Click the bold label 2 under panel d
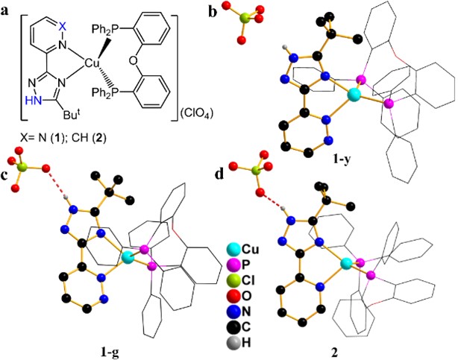343,349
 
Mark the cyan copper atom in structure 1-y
354,95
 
